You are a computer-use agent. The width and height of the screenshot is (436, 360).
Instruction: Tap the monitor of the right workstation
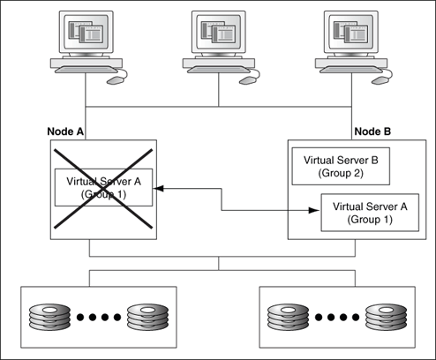[350, 34]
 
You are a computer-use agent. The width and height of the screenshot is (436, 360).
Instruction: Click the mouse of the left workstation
[117, 79]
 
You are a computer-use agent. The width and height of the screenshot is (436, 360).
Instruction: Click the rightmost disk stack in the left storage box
[146, 315]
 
